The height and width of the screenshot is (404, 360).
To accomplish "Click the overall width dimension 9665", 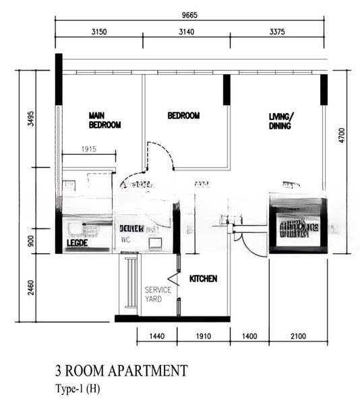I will [x=191, y=13].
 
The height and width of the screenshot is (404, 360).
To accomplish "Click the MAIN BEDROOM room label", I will [x=104, y=121].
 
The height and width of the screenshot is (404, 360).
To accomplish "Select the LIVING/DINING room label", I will [x=282, y=121].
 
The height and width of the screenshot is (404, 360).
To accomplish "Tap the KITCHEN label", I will [x=203, y=279].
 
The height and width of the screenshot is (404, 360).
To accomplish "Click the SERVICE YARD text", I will [x=158, y=294].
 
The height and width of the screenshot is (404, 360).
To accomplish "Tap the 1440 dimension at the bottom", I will [x=156, y=335].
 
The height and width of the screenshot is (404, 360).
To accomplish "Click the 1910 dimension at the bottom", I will [x=203, y=335].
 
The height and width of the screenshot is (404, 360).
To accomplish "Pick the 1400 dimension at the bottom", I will [x=249, y=335].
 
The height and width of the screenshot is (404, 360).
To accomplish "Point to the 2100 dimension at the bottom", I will [x=299, y=335].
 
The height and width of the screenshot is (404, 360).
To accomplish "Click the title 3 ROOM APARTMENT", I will [x=121, y=370].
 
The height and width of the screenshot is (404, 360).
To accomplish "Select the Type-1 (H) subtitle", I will [x=78, y=389].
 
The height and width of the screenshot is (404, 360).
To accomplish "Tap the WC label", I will [x=125, y=239].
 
